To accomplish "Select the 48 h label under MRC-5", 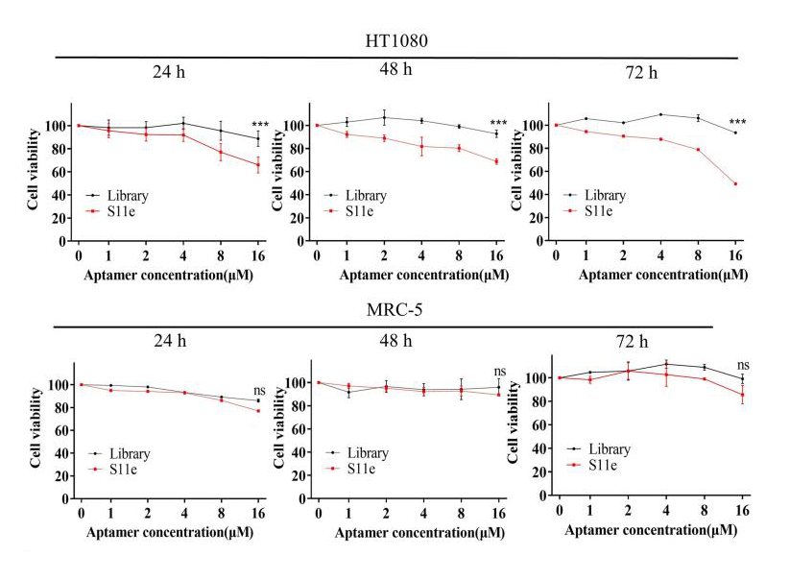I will tap(394, 341).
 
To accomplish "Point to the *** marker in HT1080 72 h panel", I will tap(737, 123).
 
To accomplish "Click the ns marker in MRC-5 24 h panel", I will tap(259, 391).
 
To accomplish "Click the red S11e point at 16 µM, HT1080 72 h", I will tap(735, 183).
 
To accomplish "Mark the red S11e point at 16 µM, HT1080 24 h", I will tap(257, 165).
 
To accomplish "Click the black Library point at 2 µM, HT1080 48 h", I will tap(384, 118).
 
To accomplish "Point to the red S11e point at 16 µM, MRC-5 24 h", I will tap(257, 411).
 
